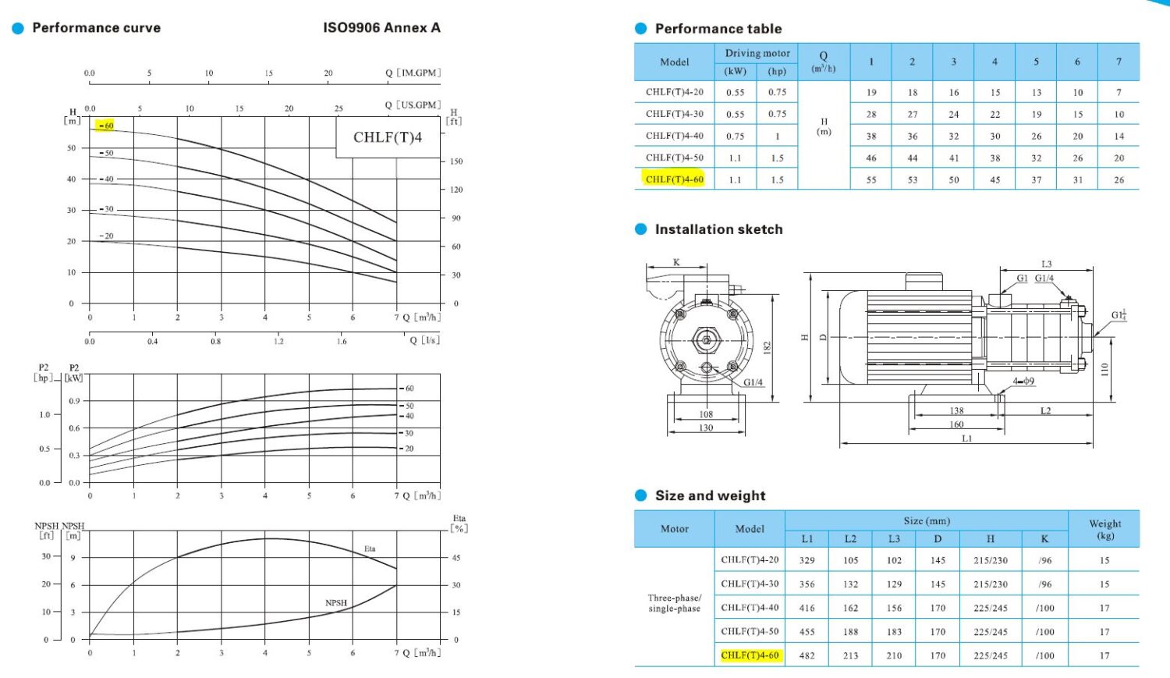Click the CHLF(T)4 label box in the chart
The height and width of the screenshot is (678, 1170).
click(388, 137)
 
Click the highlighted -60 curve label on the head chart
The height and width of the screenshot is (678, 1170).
click(105, 126)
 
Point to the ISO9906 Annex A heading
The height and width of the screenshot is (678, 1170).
click(382, 27)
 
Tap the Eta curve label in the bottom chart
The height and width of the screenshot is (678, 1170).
click(369, 548)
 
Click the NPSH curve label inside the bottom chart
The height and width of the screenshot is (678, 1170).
click(336, 603)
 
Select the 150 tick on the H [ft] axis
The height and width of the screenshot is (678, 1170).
click(456, 162)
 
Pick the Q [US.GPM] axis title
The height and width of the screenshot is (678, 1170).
click(413, 105)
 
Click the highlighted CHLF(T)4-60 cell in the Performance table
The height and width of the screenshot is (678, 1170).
click(675, 179)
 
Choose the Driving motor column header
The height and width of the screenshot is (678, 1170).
click(757, 53)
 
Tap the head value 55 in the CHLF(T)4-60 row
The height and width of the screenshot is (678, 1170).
click(871, 179)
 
